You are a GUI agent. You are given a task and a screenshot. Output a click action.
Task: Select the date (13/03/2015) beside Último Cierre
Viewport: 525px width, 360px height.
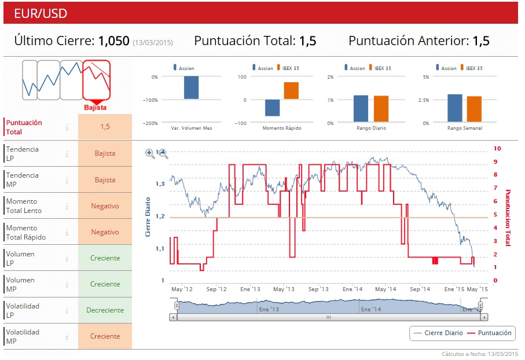pyautogui.click(x=153, y=42)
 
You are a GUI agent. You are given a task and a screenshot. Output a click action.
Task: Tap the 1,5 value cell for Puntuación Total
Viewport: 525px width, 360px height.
pyautogui.click(x=105, y=127)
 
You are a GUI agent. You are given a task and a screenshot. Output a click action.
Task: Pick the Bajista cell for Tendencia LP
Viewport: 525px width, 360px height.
pyautogui.click(x=105, y=153)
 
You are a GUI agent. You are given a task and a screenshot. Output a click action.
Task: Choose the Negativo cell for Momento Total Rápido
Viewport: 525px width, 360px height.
pyautogui.click(x=105, y=232)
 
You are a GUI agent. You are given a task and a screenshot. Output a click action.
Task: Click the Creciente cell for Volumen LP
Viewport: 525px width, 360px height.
pyautogui.click(x=105, y=258)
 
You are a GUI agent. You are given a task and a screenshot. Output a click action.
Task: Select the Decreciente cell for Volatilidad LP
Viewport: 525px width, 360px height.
pyautogui.click(x=105, y=310)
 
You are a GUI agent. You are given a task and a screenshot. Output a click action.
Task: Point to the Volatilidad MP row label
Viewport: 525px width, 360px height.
pyautogui.click(x=23, y=336)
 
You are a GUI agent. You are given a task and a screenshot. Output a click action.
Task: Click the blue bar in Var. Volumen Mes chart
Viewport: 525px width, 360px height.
pyautogui.click(x=191, y=87)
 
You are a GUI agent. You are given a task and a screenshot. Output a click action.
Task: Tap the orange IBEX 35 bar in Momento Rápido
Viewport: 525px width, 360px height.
pyautogui.click(x=291, y=91)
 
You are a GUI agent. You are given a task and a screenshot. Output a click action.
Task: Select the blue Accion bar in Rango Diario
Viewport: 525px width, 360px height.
pyautogui.click(x=361, y=109)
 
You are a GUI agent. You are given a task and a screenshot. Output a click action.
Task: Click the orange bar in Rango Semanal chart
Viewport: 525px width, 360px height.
pyautogui.click(x=474, y=109)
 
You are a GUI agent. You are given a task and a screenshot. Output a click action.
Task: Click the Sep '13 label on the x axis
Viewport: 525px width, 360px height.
pyautogui.click(x=318, y=288)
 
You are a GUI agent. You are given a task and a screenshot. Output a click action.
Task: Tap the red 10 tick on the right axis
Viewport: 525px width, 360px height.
pyautogui.click(x=497, y=149)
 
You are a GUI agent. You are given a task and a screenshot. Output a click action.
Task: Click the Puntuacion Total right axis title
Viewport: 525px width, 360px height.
pyautogui.click(x=508, y=218)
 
